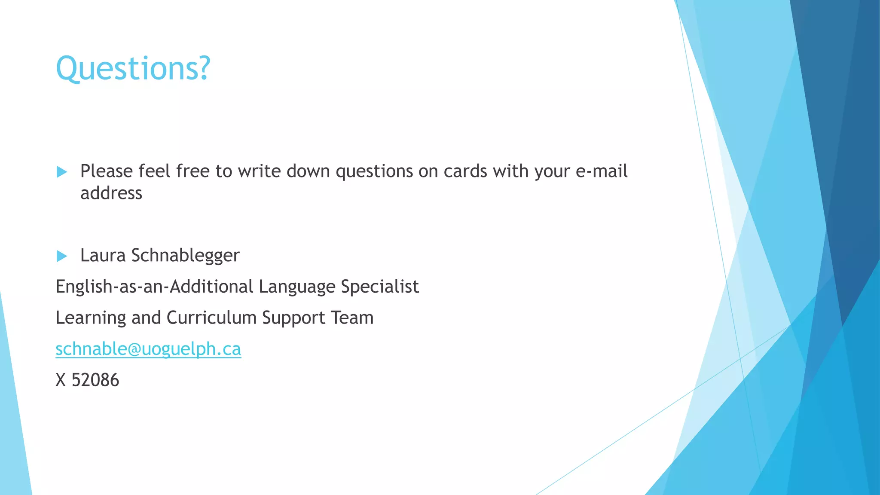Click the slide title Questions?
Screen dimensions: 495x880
(x=133, y=68)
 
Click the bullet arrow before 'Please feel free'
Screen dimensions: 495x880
(x=62, y=172)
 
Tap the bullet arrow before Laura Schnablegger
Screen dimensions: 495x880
(x=62, y=257)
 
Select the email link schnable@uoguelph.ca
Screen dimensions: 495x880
(x=148, y=349)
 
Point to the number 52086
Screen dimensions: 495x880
(x=95, y=380)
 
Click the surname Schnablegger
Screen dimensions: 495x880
(x=186, y=256)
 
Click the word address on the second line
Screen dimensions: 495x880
(x=111, y=193)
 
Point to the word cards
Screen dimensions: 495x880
(x=465, y=171)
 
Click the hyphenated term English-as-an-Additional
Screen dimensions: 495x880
(x=154, y=287)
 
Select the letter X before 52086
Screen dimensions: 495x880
(x=61, y=380)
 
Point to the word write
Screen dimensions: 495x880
(x=259, y=171)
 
